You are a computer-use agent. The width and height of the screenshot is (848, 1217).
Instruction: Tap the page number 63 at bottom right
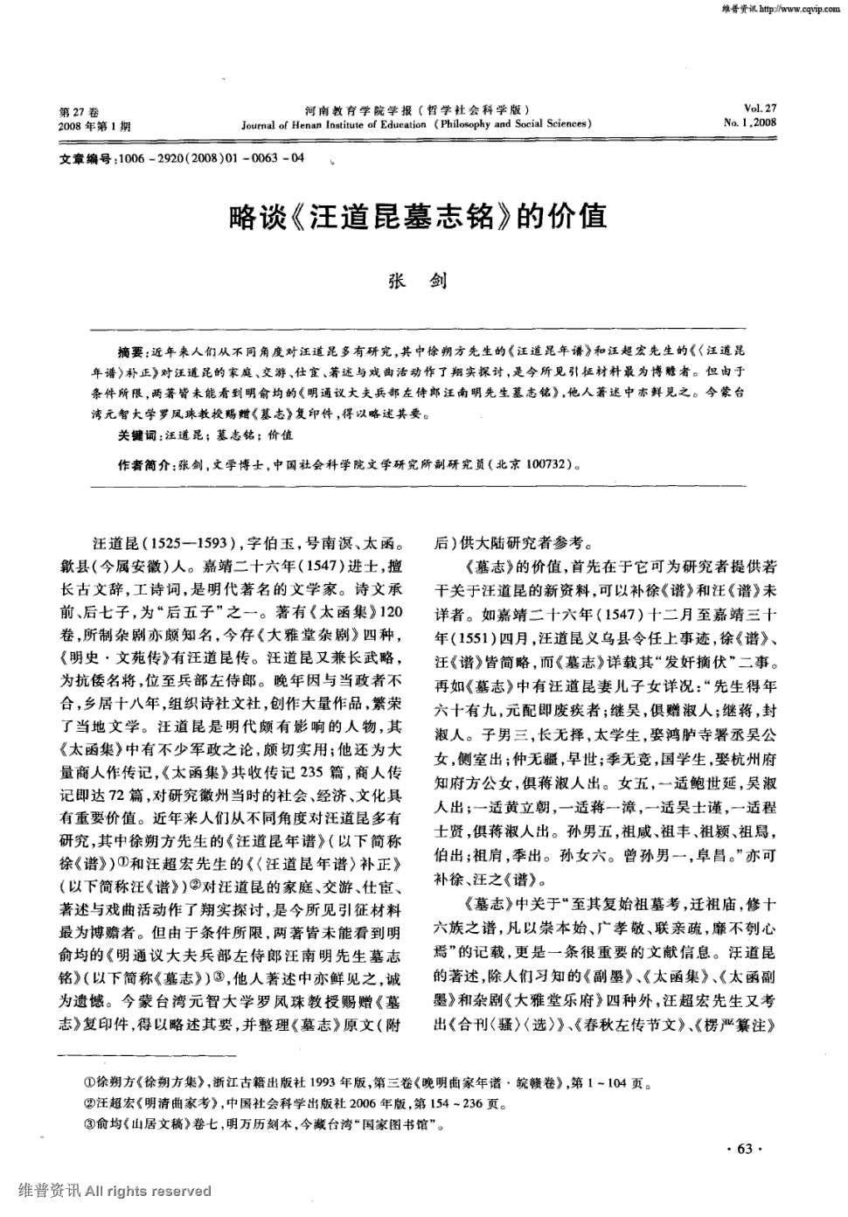coord(745,1149)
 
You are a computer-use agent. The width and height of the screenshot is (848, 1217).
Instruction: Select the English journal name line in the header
coord(417,124)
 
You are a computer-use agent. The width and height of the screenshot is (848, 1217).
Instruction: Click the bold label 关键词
coord(137,435)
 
